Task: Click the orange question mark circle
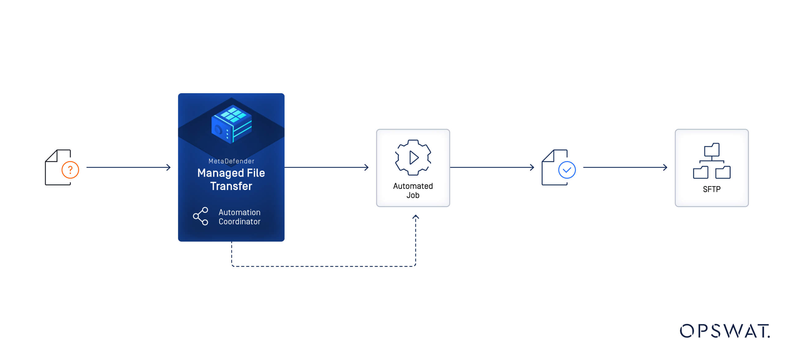click(x=70, y=170)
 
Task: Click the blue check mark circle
click(x=567, y=170)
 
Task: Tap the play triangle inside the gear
click(x=414, y=158)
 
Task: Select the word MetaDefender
click(x=231, y=161)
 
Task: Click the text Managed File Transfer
click(x=231, y=180)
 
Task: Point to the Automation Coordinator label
click(x=239, y=217)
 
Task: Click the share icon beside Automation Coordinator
click(x=201, y=216)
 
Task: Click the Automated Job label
click(x=413, y=190)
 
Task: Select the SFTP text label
click(x=712, y=189)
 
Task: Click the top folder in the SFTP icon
click(x=712, y=150)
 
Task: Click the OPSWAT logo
click(x=725, y=331)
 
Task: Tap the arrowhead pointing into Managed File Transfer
click(x=169, y=168)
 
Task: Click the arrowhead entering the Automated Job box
click(x=367, y=168)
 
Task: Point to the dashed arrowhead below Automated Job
click(x=416, y=217)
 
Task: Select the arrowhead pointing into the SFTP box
click(x=665, y=168)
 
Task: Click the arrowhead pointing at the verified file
click(x=532, y=168)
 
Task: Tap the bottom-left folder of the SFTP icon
click(x=700, y=172)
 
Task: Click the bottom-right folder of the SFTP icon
click(x=723, y=172)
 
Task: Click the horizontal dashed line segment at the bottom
click(x=324, y=266)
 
